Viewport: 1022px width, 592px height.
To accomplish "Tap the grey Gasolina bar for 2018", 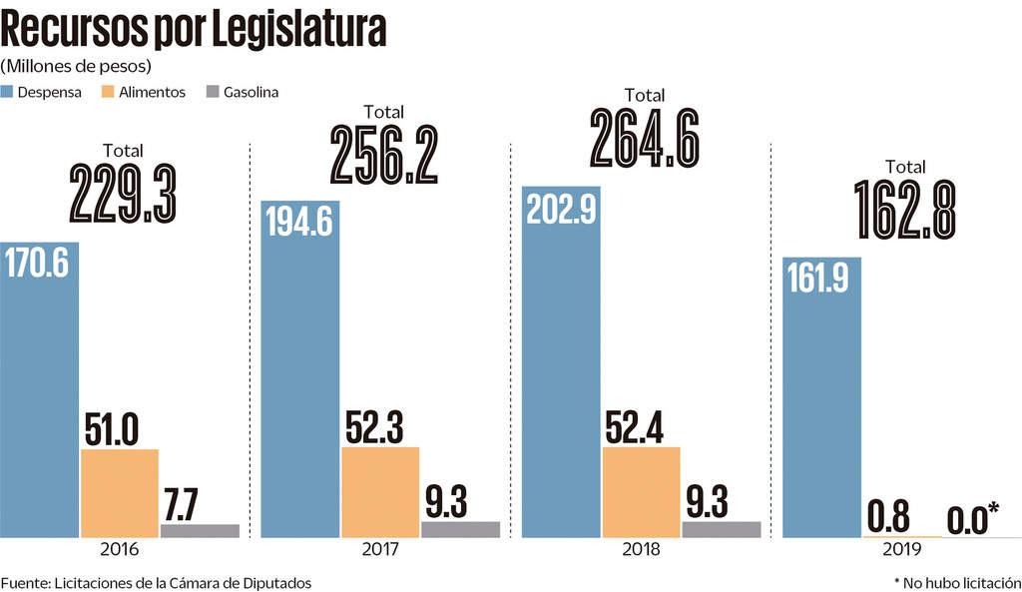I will click(721, 529).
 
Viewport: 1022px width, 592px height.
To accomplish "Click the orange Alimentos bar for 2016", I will click(119, 493).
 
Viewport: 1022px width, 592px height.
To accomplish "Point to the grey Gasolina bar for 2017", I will click(460, 529).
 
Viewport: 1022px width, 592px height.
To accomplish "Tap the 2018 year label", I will click(641, 550).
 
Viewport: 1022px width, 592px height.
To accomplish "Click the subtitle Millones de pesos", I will click(76, 66).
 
